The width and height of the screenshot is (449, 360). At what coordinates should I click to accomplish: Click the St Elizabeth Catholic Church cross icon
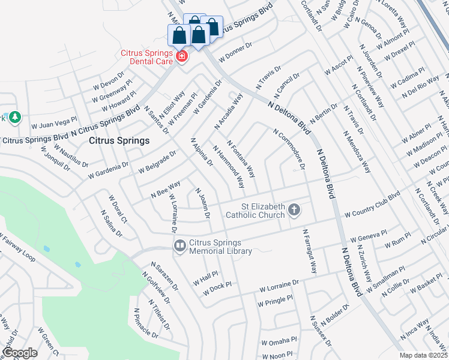click(294, 210)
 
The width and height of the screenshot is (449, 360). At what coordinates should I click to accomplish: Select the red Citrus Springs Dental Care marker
click(181, 57)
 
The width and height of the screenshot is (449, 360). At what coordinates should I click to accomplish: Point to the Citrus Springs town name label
click(119, 141)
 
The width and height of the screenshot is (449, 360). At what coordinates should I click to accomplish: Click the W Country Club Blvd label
click(372, 205)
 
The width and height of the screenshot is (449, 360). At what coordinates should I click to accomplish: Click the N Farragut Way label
click(310, 251)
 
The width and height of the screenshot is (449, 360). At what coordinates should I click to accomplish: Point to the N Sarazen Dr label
click(165, 276)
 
